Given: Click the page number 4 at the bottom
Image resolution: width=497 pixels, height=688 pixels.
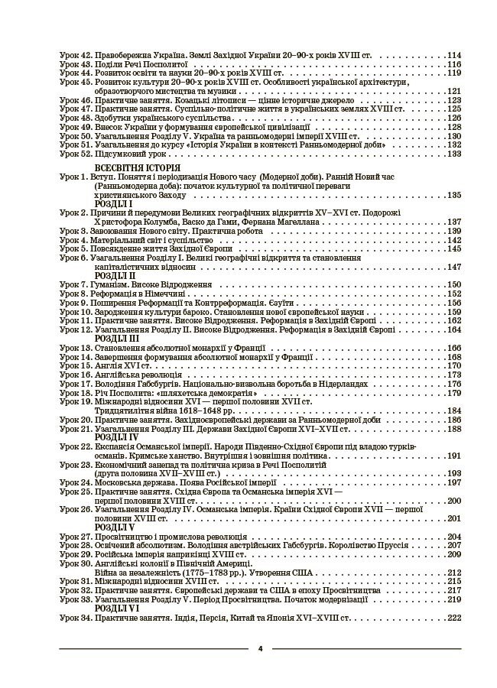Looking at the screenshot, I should [261, 648].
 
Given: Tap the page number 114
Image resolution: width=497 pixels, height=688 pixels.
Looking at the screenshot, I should [454, 56].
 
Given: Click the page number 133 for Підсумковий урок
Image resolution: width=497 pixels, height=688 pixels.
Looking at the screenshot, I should [454, 154].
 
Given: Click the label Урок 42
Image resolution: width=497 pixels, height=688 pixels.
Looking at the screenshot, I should [75, 56].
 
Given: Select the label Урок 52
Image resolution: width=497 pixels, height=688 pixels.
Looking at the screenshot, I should [75, 154].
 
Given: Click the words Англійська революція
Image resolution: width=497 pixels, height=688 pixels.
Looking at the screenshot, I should [141, 375].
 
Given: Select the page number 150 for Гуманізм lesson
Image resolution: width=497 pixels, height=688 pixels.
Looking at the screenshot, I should [454, 285].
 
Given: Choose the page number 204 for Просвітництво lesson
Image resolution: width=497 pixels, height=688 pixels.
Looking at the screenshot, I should [454, 537].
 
